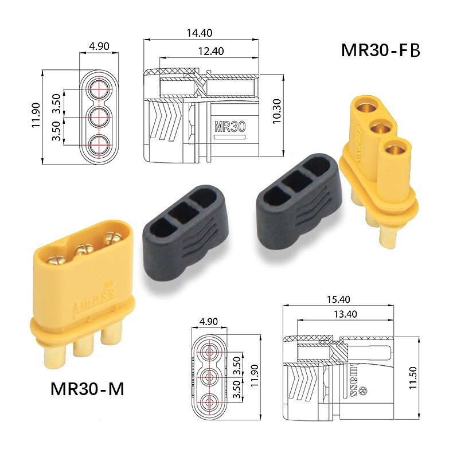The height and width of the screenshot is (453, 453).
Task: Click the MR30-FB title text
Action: coord(381,50)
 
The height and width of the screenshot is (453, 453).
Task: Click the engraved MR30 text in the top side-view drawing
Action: coord(229,126)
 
